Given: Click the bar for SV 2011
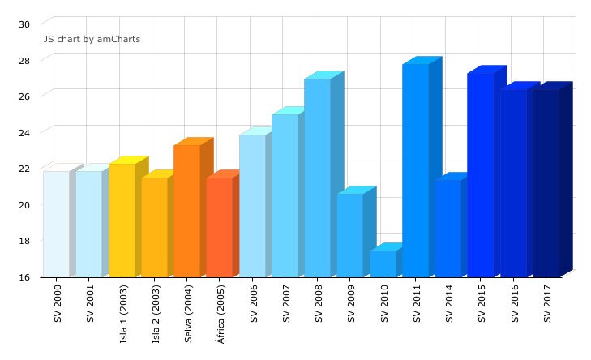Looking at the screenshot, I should (x=415, y=170).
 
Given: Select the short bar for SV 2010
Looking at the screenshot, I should (x=383, y=264).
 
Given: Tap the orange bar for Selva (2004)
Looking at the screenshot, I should (x=186, y=211).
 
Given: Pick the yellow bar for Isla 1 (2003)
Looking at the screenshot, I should (x=122, y=220).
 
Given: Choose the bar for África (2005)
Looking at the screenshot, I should (x=219, y=227).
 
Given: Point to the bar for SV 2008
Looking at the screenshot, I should (x=317, y=178).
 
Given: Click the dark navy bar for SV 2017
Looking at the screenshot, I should (x=546, y=182).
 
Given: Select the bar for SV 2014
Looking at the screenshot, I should (x=448, y=228).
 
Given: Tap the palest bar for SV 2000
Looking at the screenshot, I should (x=56, y=224).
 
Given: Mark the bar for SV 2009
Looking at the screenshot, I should (x=350, y=235).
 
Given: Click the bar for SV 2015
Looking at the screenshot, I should (x=480, y=175).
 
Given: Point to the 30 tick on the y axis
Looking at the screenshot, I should (x=24, y=24).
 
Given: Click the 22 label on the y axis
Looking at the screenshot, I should (x=24, y=169).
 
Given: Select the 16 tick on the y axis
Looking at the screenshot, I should (x=24, y=277).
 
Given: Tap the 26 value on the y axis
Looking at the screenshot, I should (x=24, y=96).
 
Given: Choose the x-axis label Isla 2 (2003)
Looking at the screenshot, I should (x=155, y=313).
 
